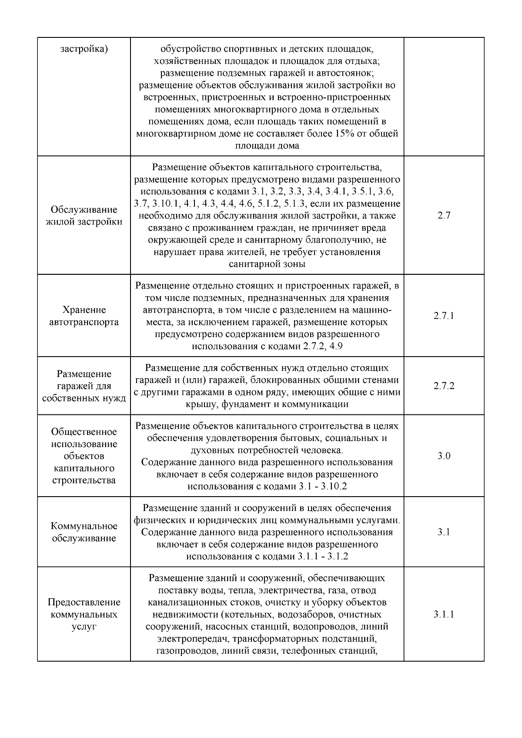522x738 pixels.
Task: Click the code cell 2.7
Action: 444,215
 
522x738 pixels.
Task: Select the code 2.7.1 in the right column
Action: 444,316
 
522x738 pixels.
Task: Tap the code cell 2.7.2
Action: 444,386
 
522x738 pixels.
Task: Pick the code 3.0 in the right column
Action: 444,456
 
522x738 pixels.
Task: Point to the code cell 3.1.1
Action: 444,614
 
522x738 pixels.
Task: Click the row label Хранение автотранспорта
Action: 84,316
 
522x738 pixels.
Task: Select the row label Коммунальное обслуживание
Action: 84,532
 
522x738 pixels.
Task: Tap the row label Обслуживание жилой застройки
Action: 84,215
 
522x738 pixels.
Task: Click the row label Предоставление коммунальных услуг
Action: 84,614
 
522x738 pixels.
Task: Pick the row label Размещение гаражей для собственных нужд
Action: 84,386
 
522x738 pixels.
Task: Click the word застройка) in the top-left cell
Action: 84,48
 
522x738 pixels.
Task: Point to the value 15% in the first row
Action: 345,134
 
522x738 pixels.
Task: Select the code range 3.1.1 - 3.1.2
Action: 323,556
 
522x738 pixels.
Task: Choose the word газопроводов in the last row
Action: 187,651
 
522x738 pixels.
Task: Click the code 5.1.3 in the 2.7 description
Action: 300,204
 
